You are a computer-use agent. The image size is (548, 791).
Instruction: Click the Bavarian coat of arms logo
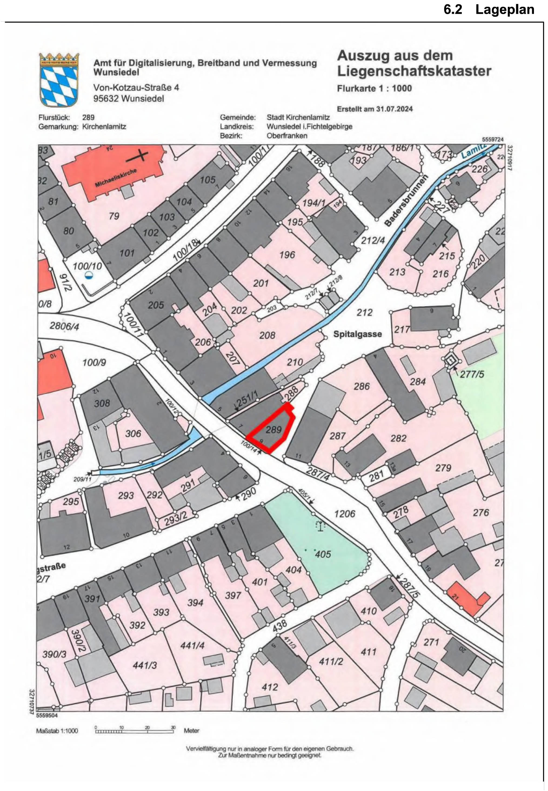[59, 80]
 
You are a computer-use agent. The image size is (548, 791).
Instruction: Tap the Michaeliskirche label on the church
[116, 178]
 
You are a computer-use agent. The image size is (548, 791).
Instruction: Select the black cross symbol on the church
[141, 156]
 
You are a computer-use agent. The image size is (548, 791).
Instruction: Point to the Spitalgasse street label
[357, 334]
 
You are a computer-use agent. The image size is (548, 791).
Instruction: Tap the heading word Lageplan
[504, 10]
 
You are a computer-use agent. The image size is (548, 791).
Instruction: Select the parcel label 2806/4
[64, 326]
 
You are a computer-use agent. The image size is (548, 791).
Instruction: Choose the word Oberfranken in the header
[287, 135]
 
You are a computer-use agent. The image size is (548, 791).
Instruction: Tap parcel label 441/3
[145, 665]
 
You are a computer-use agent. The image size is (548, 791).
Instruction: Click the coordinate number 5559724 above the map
[493, 139]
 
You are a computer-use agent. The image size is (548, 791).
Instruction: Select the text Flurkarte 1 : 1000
[374, 88]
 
